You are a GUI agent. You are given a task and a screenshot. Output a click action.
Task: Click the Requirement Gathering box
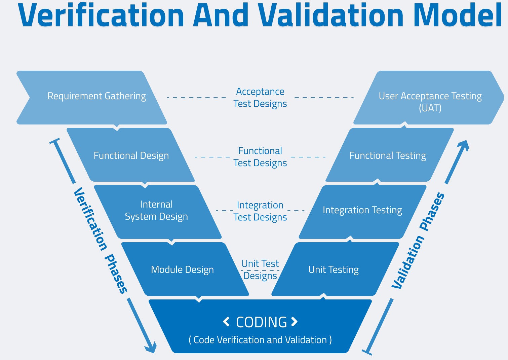click(96, 97)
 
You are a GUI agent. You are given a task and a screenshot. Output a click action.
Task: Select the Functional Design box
click(131, 155)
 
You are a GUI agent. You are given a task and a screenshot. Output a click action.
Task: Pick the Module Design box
click(182, 269)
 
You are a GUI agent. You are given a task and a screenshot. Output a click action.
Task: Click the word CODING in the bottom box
click(261, 322)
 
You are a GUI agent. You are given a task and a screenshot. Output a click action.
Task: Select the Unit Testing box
click(334, 269)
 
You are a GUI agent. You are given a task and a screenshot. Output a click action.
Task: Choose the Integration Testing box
click(362, 210)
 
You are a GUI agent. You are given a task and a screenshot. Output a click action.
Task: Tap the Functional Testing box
click(387, 155)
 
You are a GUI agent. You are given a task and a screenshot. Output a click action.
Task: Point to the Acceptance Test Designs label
click(260, 98)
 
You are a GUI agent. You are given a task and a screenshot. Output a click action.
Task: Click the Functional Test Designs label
click(260, 157)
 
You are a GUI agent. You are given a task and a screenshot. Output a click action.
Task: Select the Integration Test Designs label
click(260, 211)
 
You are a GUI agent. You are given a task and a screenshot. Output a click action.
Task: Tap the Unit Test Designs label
click(260, 269)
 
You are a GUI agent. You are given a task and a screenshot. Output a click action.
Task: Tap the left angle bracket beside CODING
click(226, 322)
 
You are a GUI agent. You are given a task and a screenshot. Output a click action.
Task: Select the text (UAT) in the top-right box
click(430, 108)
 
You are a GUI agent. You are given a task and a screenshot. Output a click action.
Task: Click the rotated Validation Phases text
click(418, 241)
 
